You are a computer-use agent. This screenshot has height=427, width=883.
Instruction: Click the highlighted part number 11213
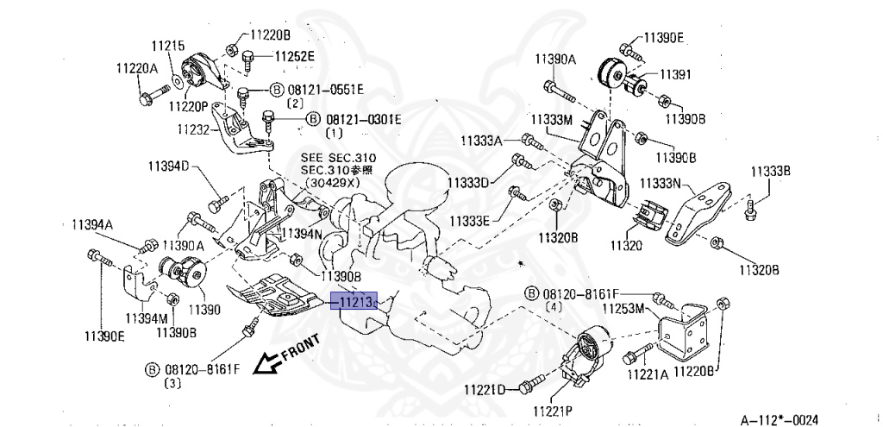(354, 302)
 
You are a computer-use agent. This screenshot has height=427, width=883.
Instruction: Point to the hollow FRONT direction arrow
(262, 365)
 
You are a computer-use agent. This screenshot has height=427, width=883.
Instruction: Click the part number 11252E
(295, 57)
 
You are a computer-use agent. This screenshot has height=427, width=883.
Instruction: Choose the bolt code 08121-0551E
(325, 89)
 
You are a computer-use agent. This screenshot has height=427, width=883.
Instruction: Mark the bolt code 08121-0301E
(362, 119)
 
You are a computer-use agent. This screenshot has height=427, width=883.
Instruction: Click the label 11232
(194, 129)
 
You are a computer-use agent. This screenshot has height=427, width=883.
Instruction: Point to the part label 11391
(676, 74)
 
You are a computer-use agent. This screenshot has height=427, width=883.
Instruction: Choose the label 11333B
(770, 171)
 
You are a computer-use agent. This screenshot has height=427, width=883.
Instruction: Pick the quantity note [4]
(554, 306)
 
